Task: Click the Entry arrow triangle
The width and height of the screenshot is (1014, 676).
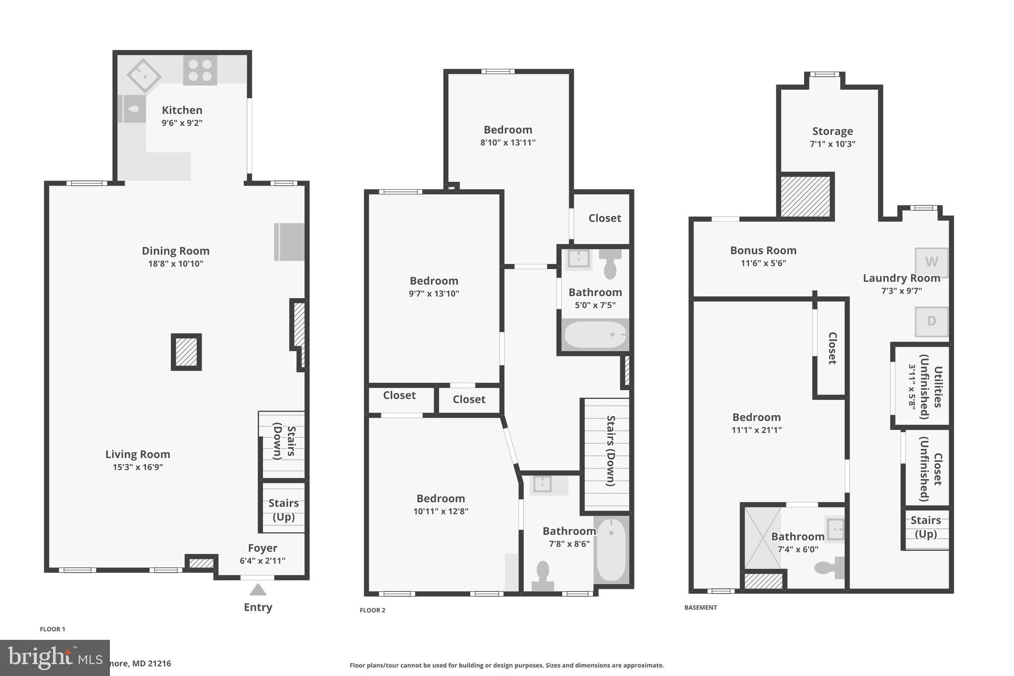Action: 258,590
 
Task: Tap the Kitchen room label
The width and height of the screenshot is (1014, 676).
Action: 182,110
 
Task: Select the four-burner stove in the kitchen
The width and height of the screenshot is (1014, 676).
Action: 200,70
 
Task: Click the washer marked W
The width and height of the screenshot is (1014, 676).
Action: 931,262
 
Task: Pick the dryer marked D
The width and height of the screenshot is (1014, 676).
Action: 931,321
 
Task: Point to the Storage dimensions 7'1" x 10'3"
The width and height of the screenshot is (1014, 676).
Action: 832,144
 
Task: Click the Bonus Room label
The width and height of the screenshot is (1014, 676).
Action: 763,250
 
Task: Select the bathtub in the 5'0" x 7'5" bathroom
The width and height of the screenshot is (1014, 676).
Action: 595,335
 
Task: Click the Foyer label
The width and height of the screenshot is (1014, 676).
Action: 262,548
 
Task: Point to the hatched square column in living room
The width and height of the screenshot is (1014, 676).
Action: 186,352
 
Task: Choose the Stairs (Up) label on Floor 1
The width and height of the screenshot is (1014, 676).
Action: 283,510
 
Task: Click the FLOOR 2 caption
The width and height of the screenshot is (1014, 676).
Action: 372,610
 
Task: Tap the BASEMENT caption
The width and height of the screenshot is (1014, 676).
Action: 700,607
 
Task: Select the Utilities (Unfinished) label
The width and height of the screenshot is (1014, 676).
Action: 930,387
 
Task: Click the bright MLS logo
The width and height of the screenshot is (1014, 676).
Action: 54,658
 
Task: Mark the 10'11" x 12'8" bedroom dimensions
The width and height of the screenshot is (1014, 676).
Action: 441,511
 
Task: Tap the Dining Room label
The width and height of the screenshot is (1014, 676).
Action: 176,251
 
